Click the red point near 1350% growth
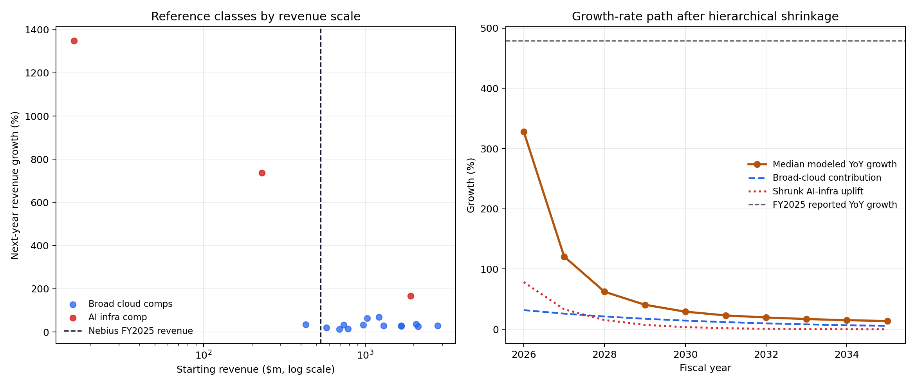[x=74, y=41]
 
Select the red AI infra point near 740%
[x=262, y=173]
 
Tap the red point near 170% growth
[x=411, y=296]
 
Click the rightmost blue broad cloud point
[x=438, y=326]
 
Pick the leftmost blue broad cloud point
[x=306, y=325]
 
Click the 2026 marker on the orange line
[x=524, y=132]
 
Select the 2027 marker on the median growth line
[x=564, y=257]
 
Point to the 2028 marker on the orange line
[x=604, y=292]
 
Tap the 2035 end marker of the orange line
[x=887, y=321]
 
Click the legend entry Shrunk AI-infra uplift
[x=817, y=191]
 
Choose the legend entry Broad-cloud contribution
[x=826, y=178]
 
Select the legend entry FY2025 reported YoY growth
[x=834, y=205]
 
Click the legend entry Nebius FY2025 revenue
[x=140, y=331]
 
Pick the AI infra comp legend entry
[x=117, y=317]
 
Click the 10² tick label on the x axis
[x=204, y=355]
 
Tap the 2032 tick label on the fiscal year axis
[x=766, y=355]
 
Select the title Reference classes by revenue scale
[x=256, y=16]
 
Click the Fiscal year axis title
[x=705, y=368]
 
